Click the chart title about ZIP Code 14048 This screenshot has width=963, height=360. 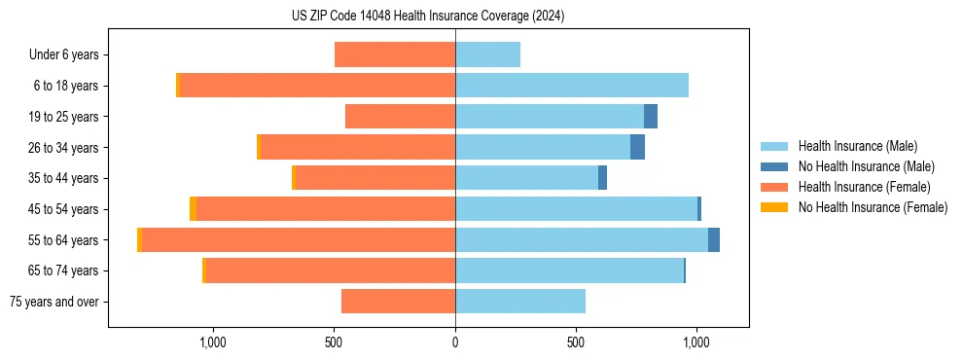click(x=427, y=17)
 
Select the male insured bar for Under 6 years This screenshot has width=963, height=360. click(x=487, y=54)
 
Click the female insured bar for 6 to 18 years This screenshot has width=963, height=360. click(x=317, y=86)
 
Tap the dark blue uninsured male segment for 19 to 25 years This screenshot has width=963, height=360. click(x=651, y=117)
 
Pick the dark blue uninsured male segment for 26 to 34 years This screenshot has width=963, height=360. click(x=637, y=147)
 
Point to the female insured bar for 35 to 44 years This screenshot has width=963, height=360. click(x=375, y=178)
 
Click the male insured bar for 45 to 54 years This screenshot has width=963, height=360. click(x=576, y=209)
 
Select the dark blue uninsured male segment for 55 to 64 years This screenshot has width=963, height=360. click(x=714, y=239)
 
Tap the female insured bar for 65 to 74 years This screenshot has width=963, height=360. click(x=331, y=270)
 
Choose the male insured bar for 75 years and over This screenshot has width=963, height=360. click(x=520, y=302)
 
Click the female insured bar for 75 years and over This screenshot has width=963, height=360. click(x=399, y=302)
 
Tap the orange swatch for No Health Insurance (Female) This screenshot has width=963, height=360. click(x=774, y=207)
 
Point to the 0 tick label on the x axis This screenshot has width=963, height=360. click(x=455, y=342)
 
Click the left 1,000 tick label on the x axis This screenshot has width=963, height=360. click(x=213, y=342)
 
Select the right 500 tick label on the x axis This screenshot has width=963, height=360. click(x=576, y=342)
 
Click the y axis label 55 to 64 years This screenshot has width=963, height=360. click(x=64, y=240)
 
